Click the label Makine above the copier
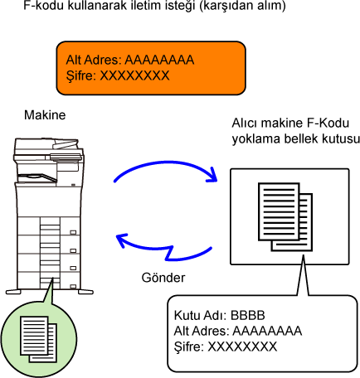pyautogui.click(x=45, y=115)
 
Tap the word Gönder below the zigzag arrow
pyautogui.click(x=163, y=278)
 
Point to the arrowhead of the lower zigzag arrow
pyautogui.click(x=122, y=240)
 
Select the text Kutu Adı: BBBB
pyautogui.click(x=219, y=315)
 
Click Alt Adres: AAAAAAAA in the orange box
pyautogui.click(x=130, y=60)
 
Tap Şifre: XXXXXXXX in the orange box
pyautogui.click(x=118, y=75)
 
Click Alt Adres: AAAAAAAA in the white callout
pyautogui.click(x=238, y=331)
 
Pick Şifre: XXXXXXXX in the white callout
pyautogui.click(x=226, y=346)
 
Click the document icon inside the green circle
pyautogui.click(x=38, y=339)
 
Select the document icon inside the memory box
pyautogui.click(x=285, y=217)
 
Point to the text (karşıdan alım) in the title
pyautogui.click(x=242, y=6)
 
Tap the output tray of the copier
pyautogui.click(x=37, y=178)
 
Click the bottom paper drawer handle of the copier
pyautogui.click(x=73, y=287)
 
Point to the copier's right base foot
pyautogui.click(x=85, y=292)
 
